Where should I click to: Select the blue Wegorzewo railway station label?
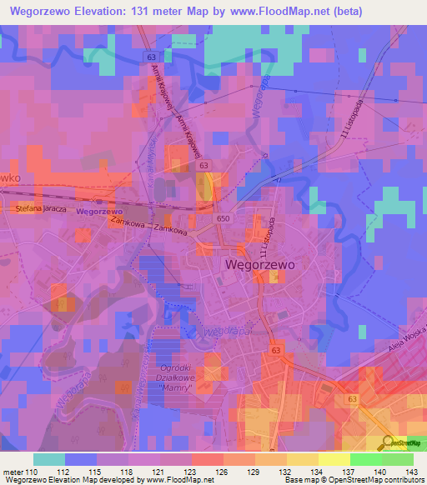pos(99,212)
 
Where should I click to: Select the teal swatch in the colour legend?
pos(50,459)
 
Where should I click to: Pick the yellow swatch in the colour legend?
pos(334,459)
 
